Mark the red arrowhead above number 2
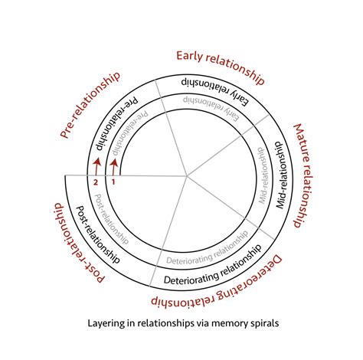pos(96,163)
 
